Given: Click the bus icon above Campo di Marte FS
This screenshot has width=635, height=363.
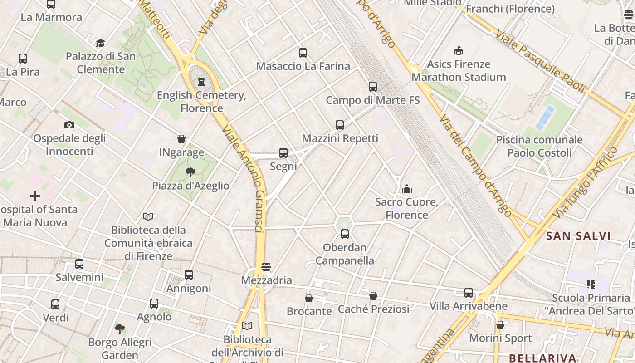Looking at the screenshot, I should coord(373,86).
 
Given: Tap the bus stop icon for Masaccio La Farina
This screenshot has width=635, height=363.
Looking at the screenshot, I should coord(303,53).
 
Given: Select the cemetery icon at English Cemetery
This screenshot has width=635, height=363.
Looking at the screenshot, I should coord(201,82).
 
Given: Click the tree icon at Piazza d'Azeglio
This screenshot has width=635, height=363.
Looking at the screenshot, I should coord(190,172).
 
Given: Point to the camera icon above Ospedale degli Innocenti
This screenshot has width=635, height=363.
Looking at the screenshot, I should coord(69,125).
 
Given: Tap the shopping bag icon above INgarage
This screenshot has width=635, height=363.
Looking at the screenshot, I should coord(181,139).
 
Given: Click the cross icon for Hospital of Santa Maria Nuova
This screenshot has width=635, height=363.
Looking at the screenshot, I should coord(35,196).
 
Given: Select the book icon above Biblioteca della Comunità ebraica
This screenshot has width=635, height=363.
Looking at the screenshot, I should coord(148,216).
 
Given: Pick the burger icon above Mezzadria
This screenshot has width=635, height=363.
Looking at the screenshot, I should coord(266,266).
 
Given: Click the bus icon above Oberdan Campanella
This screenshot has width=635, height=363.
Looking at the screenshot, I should coord(345,234).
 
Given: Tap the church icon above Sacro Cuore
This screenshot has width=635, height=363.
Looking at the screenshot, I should coord(406,188).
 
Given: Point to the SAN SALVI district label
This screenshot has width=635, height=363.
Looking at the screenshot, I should coord(578,236).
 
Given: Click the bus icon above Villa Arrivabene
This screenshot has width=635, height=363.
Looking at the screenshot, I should coord(469,293).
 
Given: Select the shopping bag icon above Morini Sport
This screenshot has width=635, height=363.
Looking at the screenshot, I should coord(500,325).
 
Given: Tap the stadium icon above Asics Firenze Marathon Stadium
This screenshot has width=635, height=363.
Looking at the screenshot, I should coord(459,50).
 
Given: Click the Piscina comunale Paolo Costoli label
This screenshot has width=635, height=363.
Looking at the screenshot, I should coord(539,146).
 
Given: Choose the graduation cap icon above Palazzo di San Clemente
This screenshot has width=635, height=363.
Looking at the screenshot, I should coord(100,43).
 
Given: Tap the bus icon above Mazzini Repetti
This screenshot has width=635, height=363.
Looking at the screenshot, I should coord(340,125).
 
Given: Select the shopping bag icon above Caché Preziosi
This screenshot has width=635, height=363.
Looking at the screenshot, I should coord(373,296).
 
